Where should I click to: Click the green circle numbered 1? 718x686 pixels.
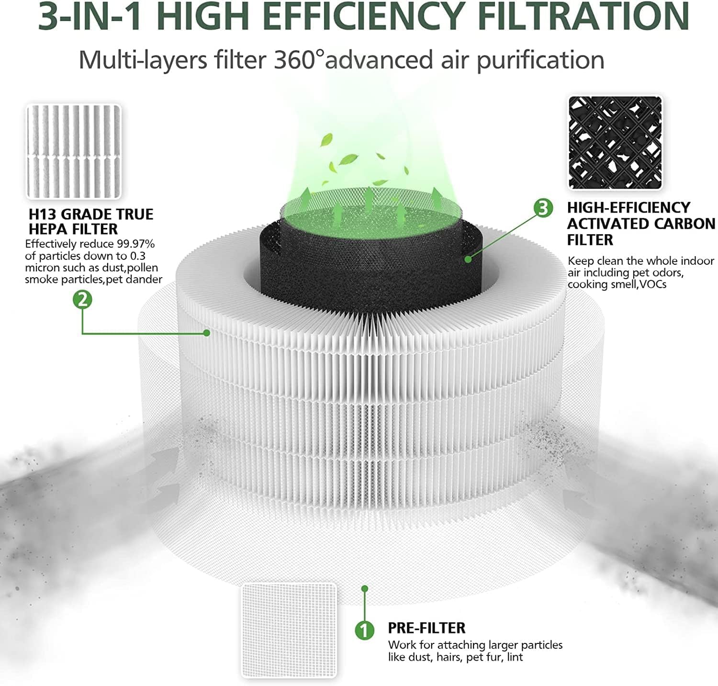coord(364,630)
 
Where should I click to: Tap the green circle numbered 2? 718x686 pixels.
coord(82,300)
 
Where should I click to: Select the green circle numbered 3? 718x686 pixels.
coord(543,208)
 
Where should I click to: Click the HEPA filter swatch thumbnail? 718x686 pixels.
coord(74,151)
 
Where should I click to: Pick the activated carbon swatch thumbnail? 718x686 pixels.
coord(615,143)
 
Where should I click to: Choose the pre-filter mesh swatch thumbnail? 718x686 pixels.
coord(289,630)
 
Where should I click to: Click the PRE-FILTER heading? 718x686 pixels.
coord(426,628)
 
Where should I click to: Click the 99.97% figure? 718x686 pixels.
coord(135,244)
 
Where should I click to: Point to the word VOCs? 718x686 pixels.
coord(653,284)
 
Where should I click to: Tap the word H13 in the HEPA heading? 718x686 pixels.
coord(43,214)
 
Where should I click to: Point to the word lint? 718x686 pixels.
coord(515,657)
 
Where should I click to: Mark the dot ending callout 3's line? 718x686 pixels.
coord(468,259)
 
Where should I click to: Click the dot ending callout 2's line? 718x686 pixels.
coord(207,333)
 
